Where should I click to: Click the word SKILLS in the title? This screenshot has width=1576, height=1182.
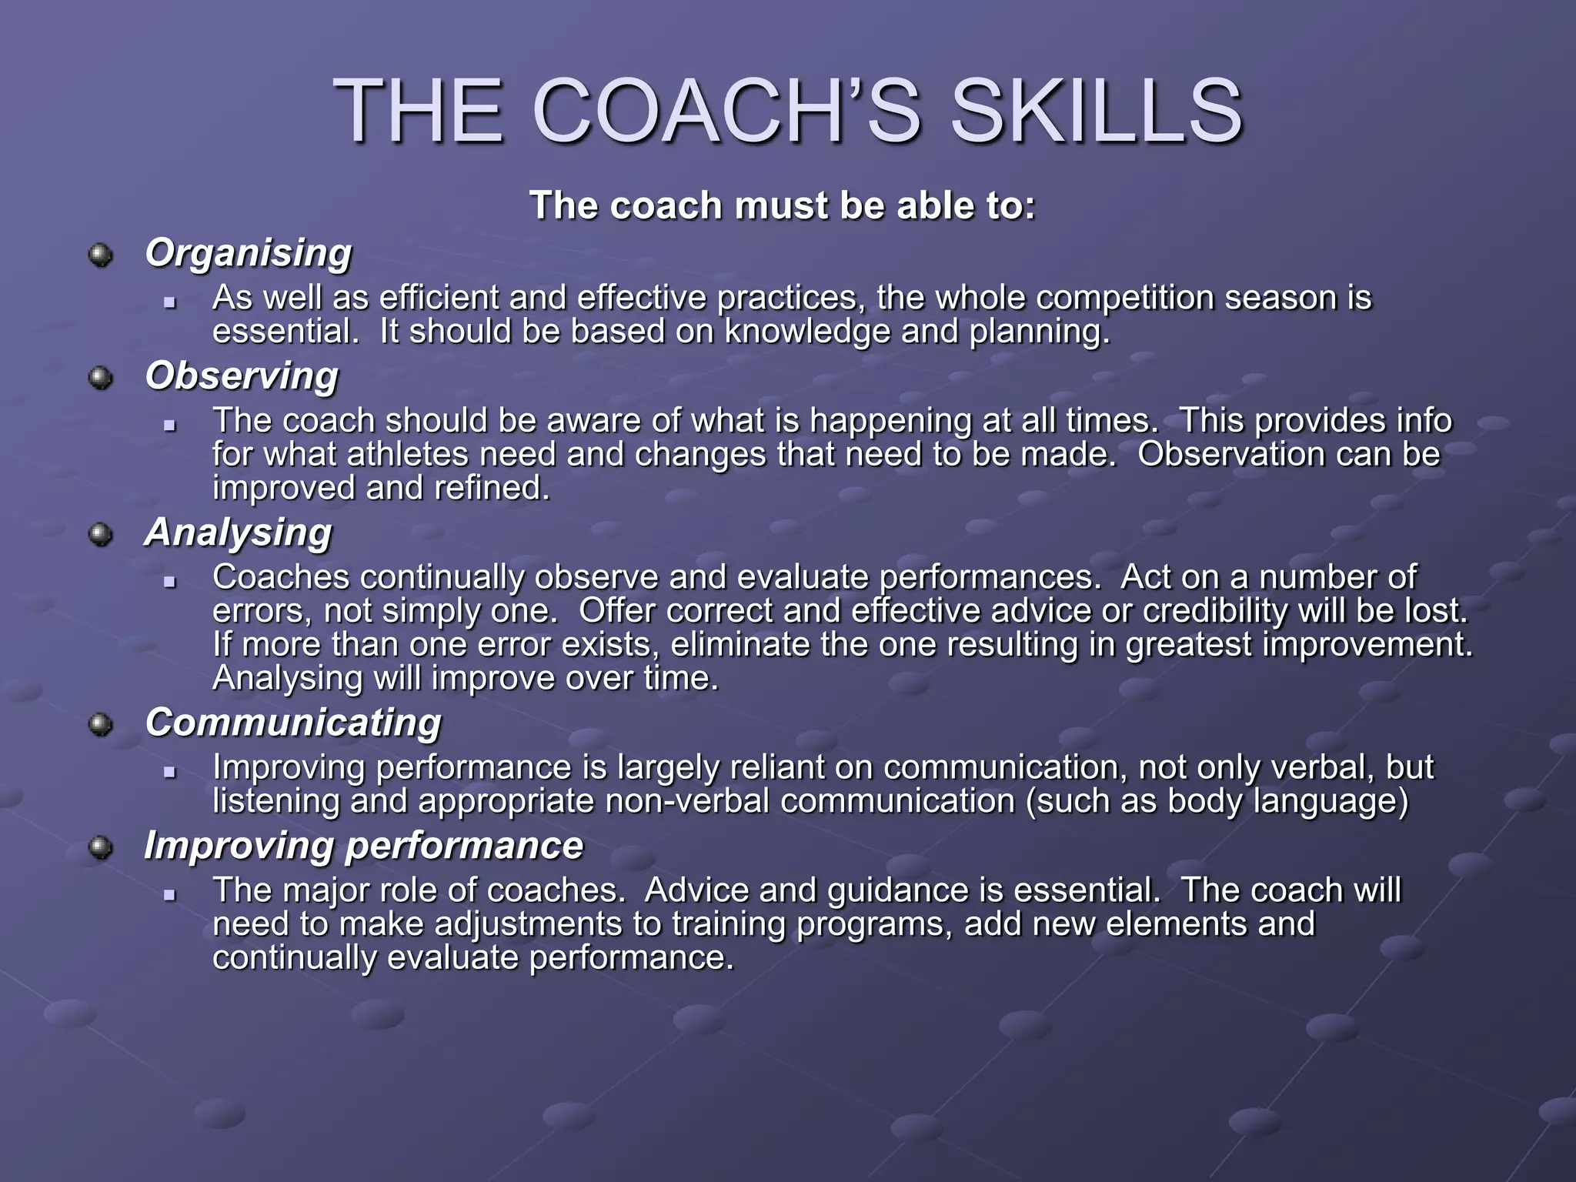(1096, 113)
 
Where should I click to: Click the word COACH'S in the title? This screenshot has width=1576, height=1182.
(726, 113)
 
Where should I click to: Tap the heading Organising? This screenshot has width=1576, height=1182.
(248, 253)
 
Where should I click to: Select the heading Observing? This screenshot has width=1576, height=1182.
(242, 376)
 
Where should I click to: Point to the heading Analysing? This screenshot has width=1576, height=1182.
(238, 533)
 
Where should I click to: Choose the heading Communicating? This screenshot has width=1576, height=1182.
(293, 723)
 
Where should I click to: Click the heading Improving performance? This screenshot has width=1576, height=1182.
(363, 846)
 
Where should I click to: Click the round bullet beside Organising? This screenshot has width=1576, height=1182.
(100, 255)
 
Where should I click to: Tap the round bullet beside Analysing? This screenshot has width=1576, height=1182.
(100, 534)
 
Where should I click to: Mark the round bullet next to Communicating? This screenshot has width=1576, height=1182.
(100, 724)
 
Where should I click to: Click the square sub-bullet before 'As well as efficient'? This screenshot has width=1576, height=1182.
(170, 302)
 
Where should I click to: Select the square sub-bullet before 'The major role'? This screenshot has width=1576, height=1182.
(170, 895)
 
